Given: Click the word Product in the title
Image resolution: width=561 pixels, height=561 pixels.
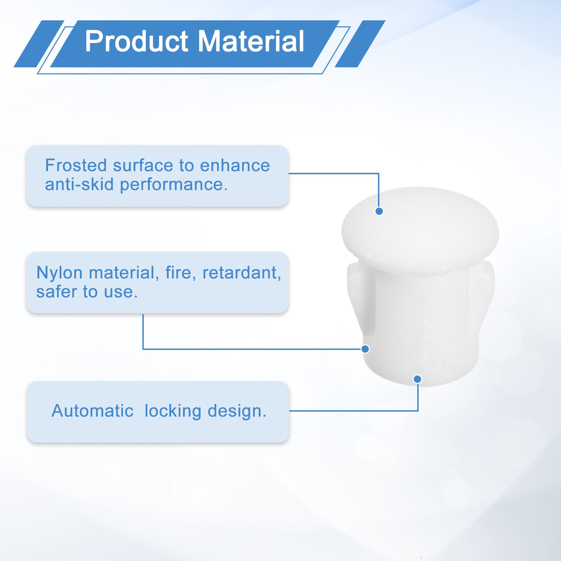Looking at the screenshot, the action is (137, 41).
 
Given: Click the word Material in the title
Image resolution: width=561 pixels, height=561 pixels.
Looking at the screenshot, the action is (251, 41).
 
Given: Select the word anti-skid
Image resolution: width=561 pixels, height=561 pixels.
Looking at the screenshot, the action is (79, 184).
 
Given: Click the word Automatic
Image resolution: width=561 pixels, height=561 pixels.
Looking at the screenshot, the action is (93, 411).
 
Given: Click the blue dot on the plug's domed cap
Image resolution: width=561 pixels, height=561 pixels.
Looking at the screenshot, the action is (379, 211).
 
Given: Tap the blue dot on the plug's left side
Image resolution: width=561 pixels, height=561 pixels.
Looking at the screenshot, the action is (365, 349).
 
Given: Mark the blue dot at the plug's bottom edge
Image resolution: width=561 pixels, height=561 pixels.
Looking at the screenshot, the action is (417, 379).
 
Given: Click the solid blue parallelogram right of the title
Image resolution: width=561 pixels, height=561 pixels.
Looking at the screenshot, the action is (360, 44).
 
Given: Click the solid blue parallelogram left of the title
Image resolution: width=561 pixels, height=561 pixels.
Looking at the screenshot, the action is (39, 44).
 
